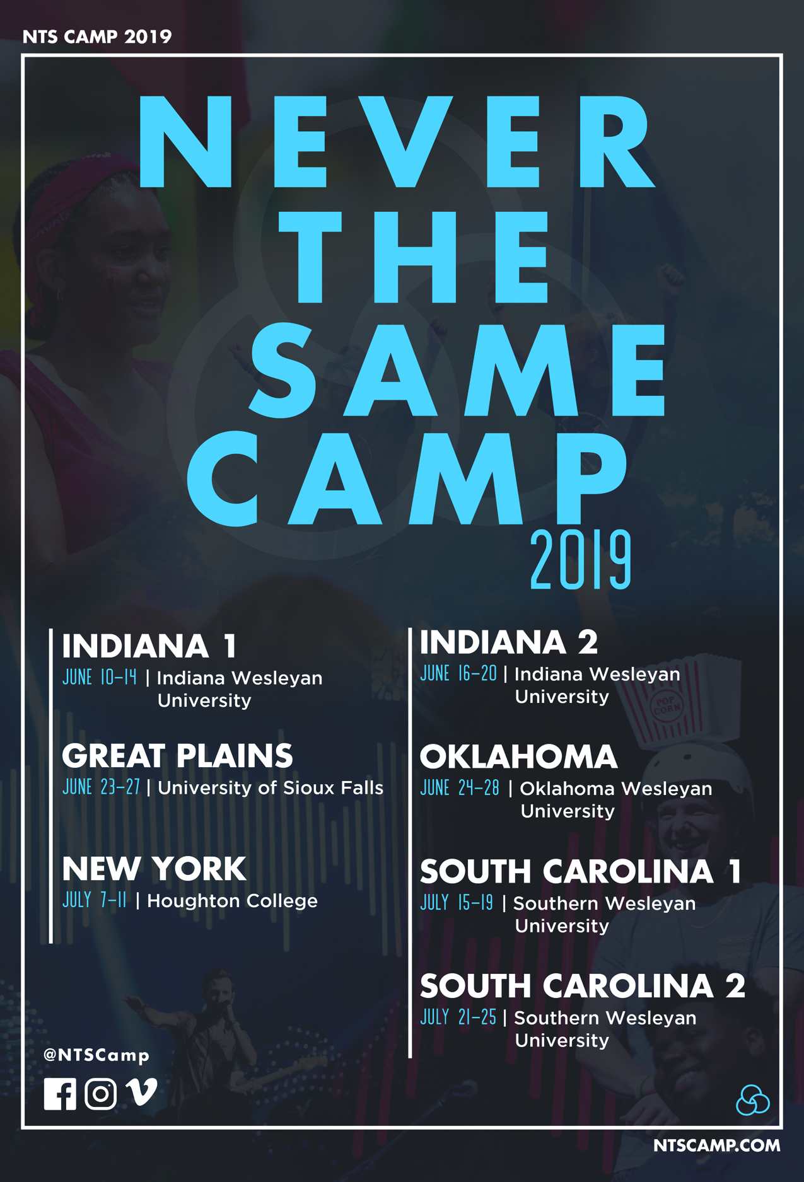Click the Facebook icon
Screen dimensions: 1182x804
click(60, 1094)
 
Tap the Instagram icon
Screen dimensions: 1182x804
click(101, 1094)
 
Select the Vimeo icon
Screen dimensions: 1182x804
click(141, 1092)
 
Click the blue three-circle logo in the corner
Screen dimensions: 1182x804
click(752, 1100)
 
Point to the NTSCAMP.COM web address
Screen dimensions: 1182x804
click(716, 1145)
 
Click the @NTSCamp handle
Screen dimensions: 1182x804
click(96, 1055)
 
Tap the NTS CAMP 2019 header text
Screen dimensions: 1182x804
click(97, 37)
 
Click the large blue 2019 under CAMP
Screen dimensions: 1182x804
click(580, 560)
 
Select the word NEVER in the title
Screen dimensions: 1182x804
click(396, 142)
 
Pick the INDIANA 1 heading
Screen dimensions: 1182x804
click(149, 646)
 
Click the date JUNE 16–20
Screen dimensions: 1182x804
click(458, 674)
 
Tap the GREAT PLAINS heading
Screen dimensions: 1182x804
click(177, 756)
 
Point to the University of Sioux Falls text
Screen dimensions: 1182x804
click(271, 787)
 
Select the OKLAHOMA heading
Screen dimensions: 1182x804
click(518, 756)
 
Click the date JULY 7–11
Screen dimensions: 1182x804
click(95, 900)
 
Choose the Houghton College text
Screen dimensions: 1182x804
click(232, 901)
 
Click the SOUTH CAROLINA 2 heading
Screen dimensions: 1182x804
click(583, 986)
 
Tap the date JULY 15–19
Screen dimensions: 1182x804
click(457, 903)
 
